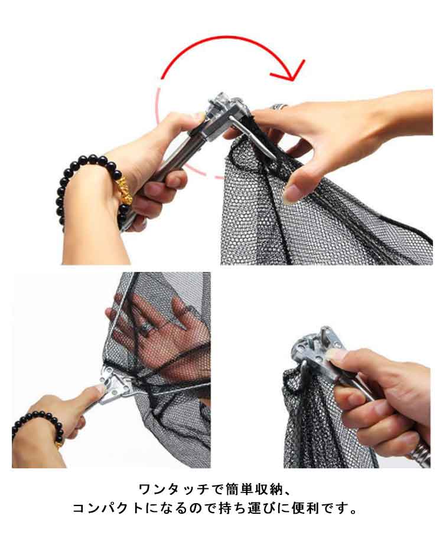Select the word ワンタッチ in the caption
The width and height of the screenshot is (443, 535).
(174, 490)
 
